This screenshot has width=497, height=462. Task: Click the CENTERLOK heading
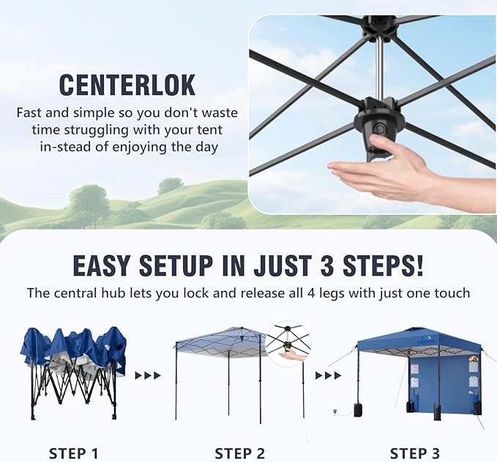point(127,85)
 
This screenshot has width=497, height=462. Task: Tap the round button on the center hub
point(379,129)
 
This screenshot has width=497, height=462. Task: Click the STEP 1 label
point(73,453)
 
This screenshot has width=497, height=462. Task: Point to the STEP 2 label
point(239,453)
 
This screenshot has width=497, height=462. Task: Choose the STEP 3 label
point(414,453)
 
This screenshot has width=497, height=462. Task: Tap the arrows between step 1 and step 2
point(148,376)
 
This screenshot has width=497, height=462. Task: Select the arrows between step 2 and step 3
point(328,376)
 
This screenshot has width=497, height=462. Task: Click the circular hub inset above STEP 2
point(288,345)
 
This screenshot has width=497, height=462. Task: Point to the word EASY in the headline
point(101,265)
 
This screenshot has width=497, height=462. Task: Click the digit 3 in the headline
point(326,265)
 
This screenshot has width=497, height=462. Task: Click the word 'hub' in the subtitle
point(113,293)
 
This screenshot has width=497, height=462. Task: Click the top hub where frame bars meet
point(379,29)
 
